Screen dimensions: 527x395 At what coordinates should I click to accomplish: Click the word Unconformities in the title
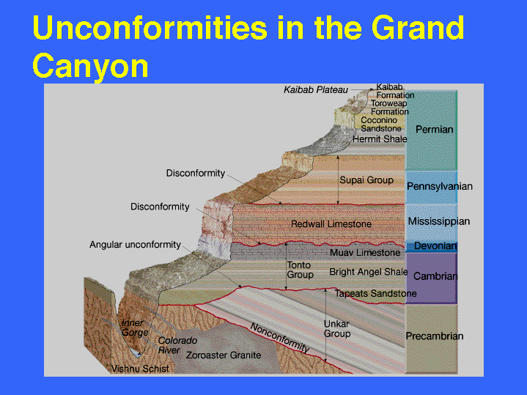tap(150, 28)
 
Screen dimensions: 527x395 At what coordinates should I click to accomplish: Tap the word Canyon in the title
tap(90, 66)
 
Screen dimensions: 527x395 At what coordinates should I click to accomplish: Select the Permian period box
tap(431, 130)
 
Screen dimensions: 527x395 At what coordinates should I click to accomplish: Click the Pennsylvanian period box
tap(431, 187)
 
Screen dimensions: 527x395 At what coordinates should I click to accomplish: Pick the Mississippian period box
tap(431, 222)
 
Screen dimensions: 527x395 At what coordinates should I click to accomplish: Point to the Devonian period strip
tap(431, 247)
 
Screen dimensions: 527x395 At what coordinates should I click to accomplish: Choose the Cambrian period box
tap(431, 278)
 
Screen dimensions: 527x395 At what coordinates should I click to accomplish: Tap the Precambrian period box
tap(431, 338)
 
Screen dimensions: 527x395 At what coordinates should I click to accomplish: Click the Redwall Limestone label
tap(331, 224)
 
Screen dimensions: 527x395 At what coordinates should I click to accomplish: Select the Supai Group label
tap(366, 180)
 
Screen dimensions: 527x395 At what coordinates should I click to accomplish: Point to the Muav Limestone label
tap(365, 253)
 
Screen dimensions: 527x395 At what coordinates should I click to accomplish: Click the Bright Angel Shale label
tap(369, 272)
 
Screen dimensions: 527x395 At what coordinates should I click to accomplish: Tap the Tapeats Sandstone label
tap(376, 293)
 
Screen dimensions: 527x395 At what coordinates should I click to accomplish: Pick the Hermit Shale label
tap(380, 139)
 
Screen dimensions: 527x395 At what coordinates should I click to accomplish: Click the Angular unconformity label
tap(135, 245)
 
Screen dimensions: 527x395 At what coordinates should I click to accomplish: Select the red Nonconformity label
tap(280, 338)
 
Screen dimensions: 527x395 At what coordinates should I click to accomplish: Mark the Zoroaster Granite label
tap(224, 355)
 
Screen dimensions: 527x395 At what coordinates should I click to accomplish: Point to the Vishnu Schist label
tap(140, 369)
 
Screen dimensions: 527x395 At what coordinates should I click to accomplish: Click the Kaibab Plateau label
tap(316, 90)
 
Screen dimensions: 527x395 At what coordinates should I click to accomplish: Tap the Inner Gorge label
tap(135, 328)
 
